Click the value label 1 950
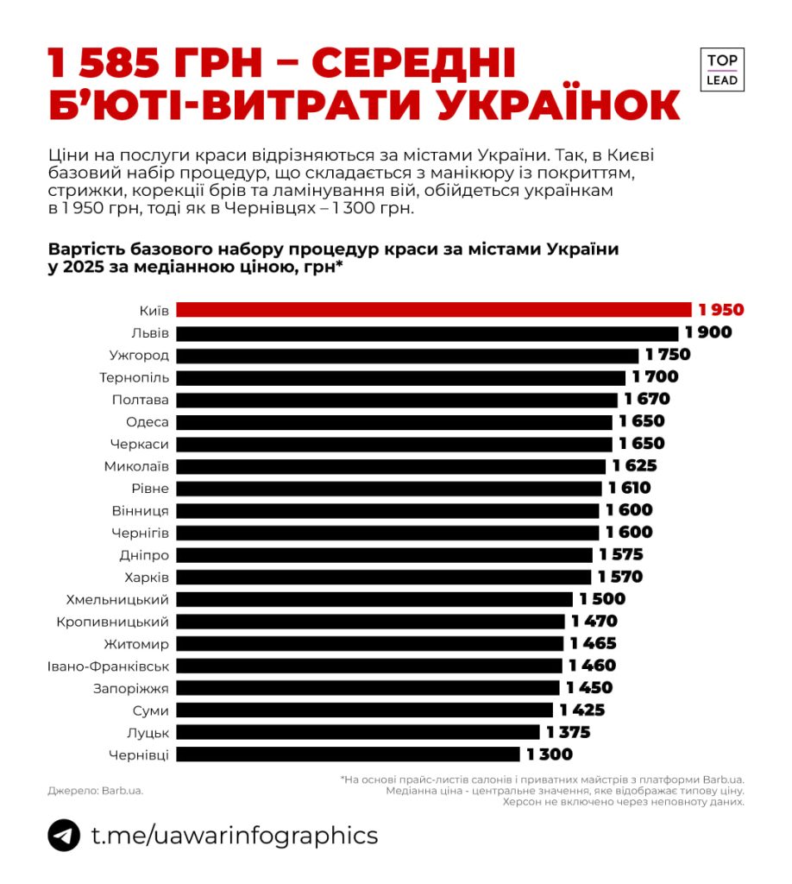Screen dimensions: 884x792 (x=721, y=310)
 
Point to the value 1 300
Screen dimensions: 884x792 (x=550, y=755)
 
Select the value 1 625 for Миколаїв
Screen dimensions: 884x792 (x=635, y=466)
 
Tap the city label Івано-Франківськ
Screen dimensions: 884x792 (x=109, y=666)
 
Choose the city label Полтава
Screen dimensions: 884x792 (x=140, y=400)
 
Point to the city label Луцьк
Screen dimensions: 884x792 (x=148, y=732)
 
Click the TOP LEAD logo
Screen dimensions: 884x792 (x=721, y=70)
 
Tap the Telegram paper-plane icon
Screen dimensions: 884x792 (x=64, y=836)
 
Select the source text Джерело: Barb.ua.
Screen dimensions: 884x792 (x=95, y=790)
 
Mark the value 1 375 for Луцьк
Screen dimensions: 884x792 (x=569, y=732)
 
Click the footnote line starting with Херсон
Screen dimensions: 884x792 (x=624, y=802)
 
